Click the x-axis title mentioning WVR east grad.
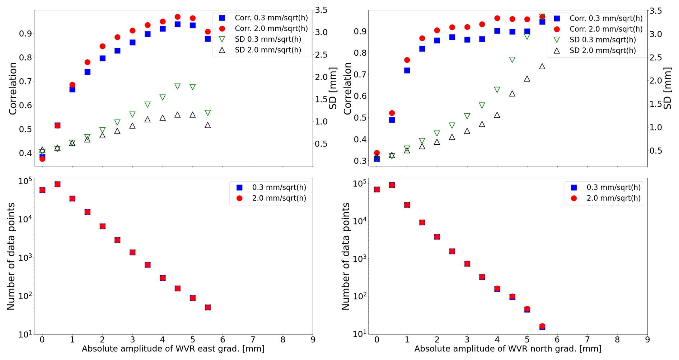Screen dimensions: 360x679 [173, 349]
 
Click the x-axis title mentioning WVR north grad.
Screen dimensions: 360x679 [507, 349]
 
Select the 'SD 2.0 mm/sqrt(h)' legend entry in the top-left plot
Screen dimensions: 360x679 [268, 50]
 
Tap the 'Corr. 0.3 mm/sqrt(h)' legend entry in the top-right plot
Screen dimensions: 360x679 [606, 18]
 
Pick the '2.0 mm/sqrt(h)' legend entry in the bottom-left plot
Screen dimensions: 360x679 [279, 198]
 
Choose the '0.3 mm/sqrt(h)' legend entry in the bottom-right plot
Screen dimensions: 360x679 [613, 187]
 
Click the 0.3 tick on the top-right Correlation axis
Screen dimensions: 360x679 [360, 161]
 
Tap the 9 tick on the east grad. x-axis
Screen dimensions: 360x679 [313, 340]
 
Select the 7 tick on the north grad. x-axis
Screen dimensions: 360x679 [587, 340]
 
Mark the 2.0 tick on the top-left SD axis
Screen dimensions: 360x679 [322, 77]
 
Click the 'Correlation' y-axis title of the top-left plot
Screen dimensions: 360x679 [13, 89]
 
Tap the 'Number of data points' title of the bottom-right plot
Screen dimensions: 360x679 [346, 256]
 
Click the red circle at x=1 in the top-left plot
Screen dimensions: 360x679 [72, 85]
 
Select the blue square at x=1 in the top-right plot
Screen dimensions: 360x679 [407, 71]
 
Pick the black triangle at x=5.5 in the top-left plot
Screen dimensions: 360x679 [208, 125]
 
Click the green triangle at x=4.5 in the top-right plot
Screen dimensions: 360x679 [512, 60]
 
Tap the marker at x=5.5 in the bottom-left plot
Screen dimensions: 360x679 [208, 307]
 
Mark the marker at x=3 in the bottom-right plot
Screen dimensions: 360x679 [467, 264]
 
